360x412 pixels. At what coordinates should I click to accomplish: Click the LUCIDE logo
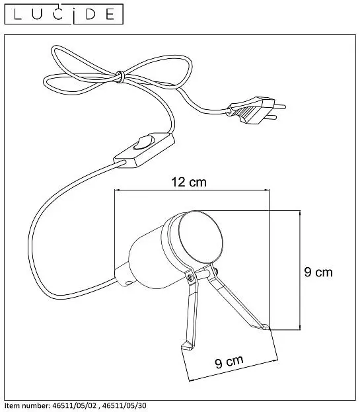(64, 14)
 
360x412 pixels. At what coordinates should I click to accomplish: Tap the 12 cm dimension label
(189, 182)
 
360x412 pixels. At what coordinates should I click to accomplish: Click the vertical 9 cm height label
(318, 272)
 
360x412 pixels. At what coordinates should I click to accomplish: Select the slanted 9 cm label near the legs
(229, 362)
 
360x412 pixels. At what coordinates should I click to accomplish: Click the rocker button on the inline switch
(142, 143)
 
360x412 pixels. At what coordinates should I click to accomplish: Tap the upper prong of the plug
(280, 106)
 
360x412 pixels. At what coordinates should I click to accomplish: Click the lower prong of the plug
(271, 118)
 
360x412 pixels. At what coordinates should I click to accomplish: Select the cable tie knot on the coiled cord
(120, 77)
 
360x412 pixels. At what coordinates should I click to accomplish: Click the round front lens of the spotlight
(201, 238)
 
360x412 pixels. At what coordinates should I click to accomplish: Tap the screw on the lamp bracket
(190, 276)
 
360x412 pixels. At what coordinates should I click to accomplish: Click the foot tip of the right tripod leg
(266, 327)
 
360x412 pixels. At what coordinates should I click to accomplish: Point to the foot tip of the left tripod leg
(186, 346)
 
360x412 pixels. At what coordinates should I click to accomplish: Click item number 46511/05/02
(75, 405)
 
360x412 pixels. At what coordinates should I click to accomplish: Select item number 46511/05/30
(124, 405)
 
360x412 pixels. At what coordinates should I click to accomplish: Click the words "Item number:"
(28, 405)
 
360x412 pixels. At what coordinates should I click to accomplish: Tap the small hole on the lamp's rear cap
(129, 283)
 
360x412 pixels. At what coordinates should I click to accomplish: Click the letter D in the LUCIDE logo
(90, 14)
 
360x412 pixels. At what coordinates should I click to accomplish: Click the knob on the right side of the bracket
(216, 271)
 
